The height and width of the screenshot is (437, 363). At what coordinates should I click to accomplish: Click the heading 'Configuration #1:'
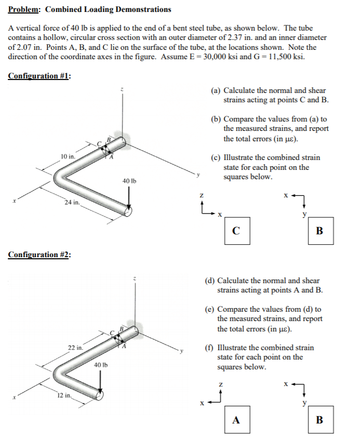39,76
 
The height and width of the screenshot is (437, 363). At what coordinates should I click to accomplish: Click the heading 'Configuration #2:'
39,255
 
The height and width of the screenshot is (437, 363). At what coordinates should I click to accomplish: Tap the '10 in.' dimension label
68,156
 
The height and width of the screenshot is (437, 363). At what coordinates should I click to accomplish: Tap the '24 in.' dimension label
72,202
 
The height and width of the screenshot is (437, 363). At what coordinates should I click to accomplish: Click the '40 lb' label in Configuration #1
129,180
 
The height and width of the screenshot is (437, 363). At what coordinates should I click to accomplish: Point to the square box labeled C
236,231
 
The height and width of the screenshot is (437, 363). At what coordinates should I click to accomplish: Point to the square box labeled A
236,420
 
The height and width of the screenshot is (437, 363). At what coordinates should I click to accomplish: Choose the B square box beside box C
319,231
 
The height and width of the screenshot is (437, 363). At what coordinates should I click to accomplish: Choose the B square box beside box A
319,420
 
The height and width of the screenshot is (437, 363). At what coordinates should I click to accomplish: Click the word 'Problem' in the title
24,9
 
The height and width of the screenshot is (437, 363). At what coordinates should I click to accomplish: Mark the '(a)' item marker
216,90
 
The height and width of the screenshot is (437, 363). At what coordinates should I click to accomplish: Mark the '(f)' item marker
209,348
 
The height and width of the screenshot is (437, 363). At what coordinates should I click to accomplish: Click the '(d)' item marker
210,281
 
